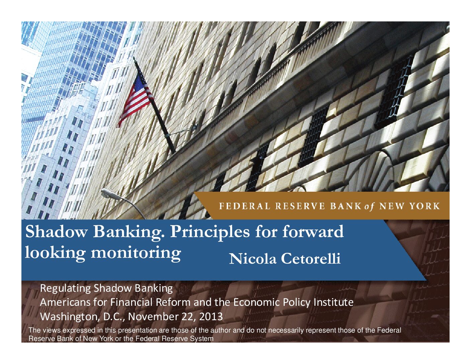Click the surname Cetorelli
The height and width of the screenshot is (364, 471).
click(x=311, y=259)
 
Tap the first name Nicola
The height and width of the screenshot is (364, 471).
click(x=253, y=259)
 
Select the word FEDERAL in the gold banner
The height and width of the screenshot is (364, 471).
click(x=245, y=206)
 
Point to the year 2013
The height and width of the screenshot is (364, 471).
click(x=211, y=317)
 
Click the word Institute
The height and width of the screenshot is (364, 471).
click(x=334, y=302)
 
